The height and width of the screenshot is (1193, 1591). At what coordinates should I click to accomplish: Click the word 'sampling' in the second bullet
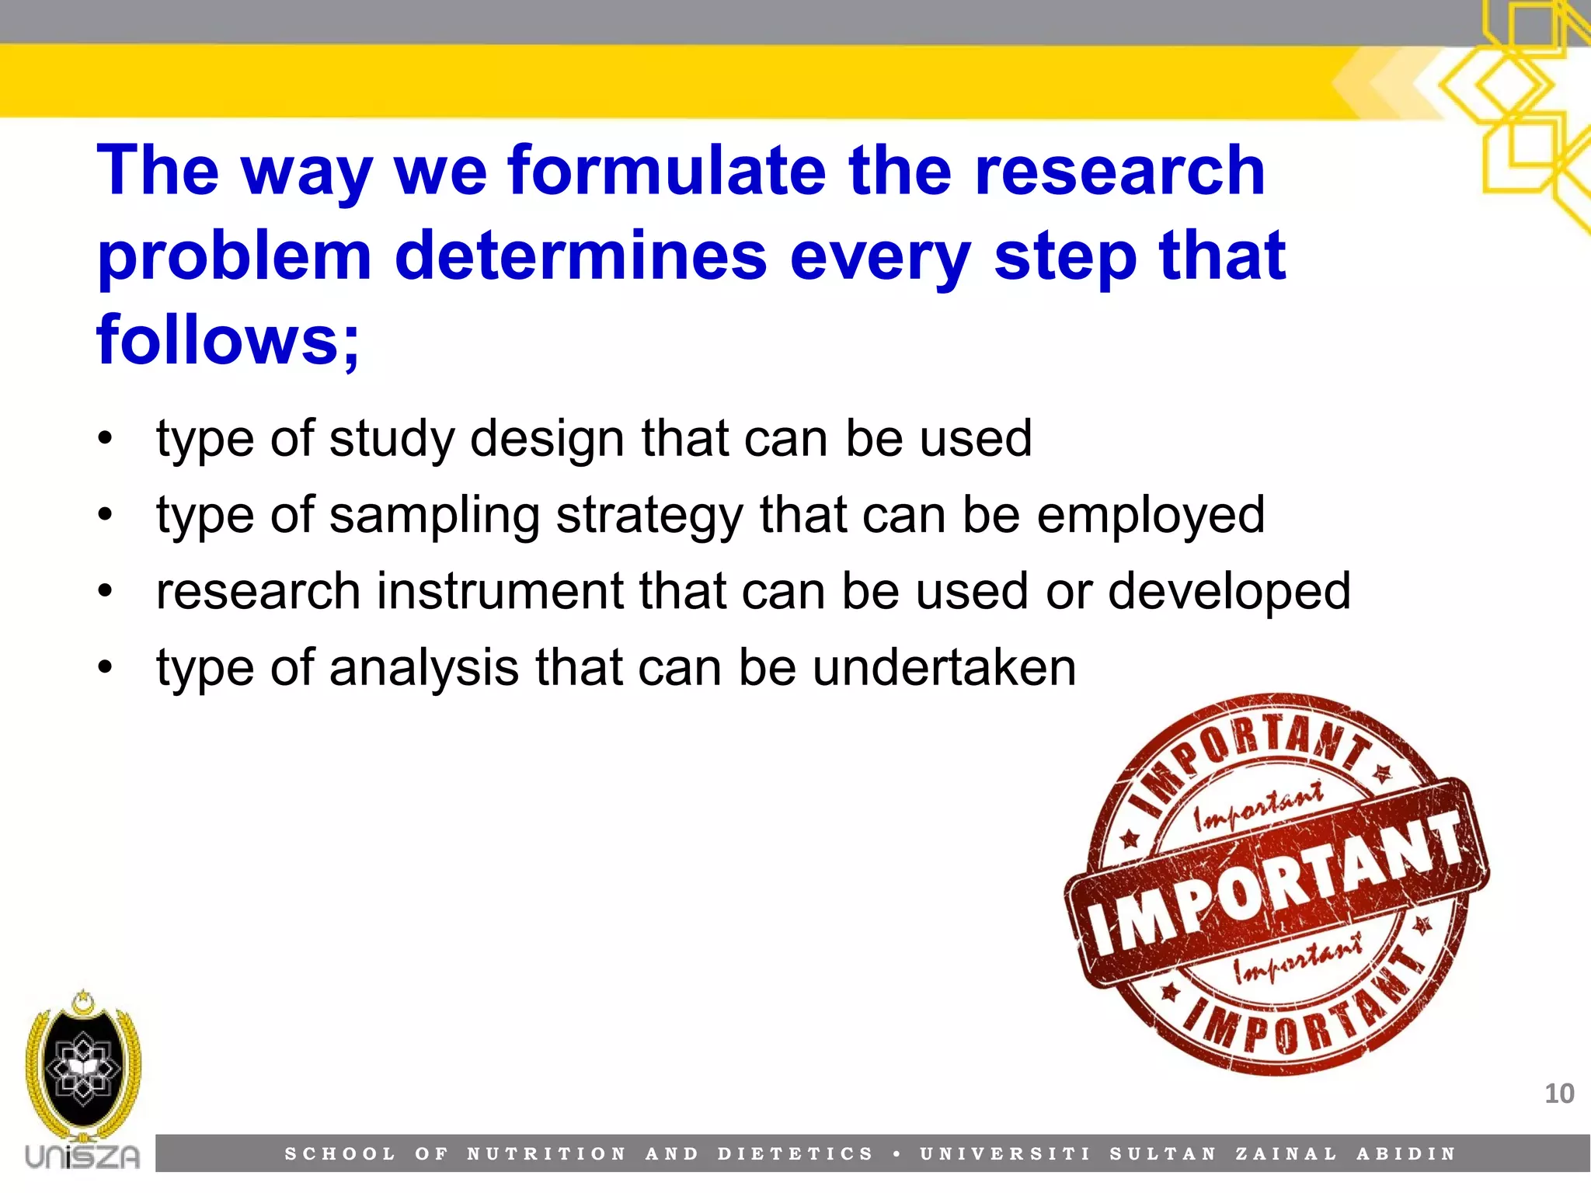434,517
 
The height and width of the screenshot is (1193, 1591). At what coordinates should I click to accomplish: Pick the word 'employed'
1151,517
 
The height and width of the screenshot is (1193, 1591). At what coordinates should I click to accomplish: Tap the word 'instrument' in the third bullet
500,592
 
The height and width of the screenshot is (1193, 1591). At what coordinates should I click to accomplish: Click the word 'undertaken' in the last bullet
944,668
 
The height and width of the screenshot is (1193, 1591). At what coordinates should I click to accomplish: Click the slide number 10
1558,1094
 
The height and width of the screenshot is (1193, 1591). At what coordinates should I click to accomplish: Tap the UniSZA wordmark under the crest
82,1157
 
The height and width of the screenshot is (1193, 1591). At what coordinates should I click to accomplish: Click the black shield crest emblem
83,1068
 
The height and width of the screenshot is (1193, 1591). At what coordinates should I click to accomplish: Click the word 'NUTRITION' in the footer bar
546,1154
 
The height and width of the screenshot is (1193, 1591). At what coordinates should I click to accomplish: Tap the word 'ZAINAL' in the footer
1286,1154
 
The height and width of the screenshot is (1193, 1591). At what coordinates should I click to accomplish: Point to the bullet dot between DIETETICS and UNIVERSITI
897,1154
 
